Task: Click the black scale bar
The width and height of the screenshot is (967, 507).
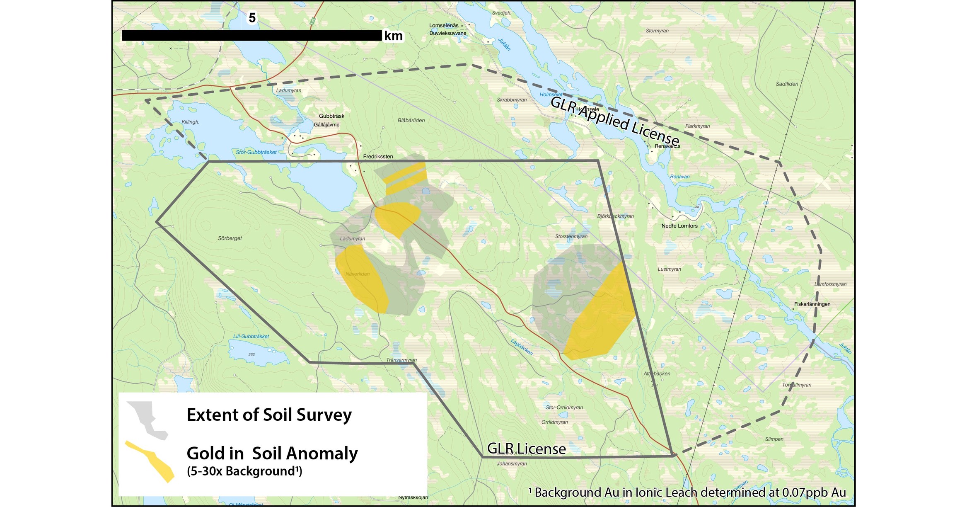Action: (x=251, y=35)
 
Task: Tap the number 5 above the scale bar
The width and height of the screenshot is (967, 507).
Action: (x=252, y=18)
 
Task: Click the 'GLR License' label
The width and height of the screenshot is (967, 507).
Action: (x=526, y=449)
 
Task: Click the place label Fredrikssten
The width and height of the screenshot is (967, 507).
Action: (x=378, y=156)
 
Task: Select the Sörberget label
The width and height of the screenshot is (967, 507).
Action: (x=230, y=238)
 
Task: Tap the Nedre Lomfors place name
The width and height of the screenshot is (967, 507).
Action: (x=679, y=226)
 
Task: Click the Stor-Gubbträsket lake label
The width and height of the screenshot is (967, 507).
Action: (x=256, y=152)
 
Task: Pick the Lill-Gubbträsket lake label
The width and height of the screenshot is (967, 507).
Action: (x=251, y=336)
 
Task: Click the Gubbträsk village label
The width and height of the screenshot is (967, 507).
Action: (x=331, y=116)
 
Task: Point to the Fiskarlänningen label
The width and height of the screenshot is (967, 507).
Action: (x=812, y=304)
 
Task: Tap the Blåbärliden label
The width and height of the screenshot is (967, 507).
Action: (x=411, y=121)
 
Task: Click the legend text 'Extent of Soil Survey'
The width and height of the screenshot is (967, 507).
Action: (x=269, y=415)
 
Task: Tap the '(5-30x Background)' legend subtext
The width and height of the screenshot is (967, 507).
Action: (x=244, y=471)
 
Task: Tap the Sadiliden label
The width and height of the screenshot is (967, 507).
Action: (x=787, y=84)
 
